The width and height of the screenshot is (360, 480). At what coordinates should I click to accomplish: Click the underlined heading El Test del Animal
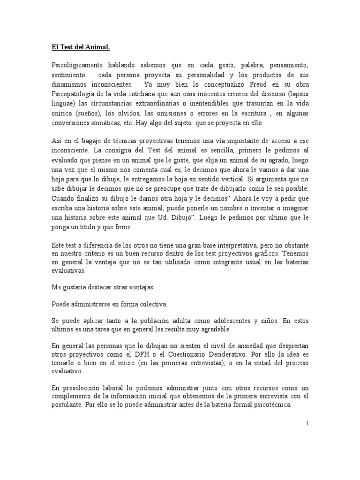[x=80, y=47]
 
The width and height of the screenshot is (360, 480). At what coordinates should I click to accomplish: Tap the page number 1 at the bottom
[x=307, y=423]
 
